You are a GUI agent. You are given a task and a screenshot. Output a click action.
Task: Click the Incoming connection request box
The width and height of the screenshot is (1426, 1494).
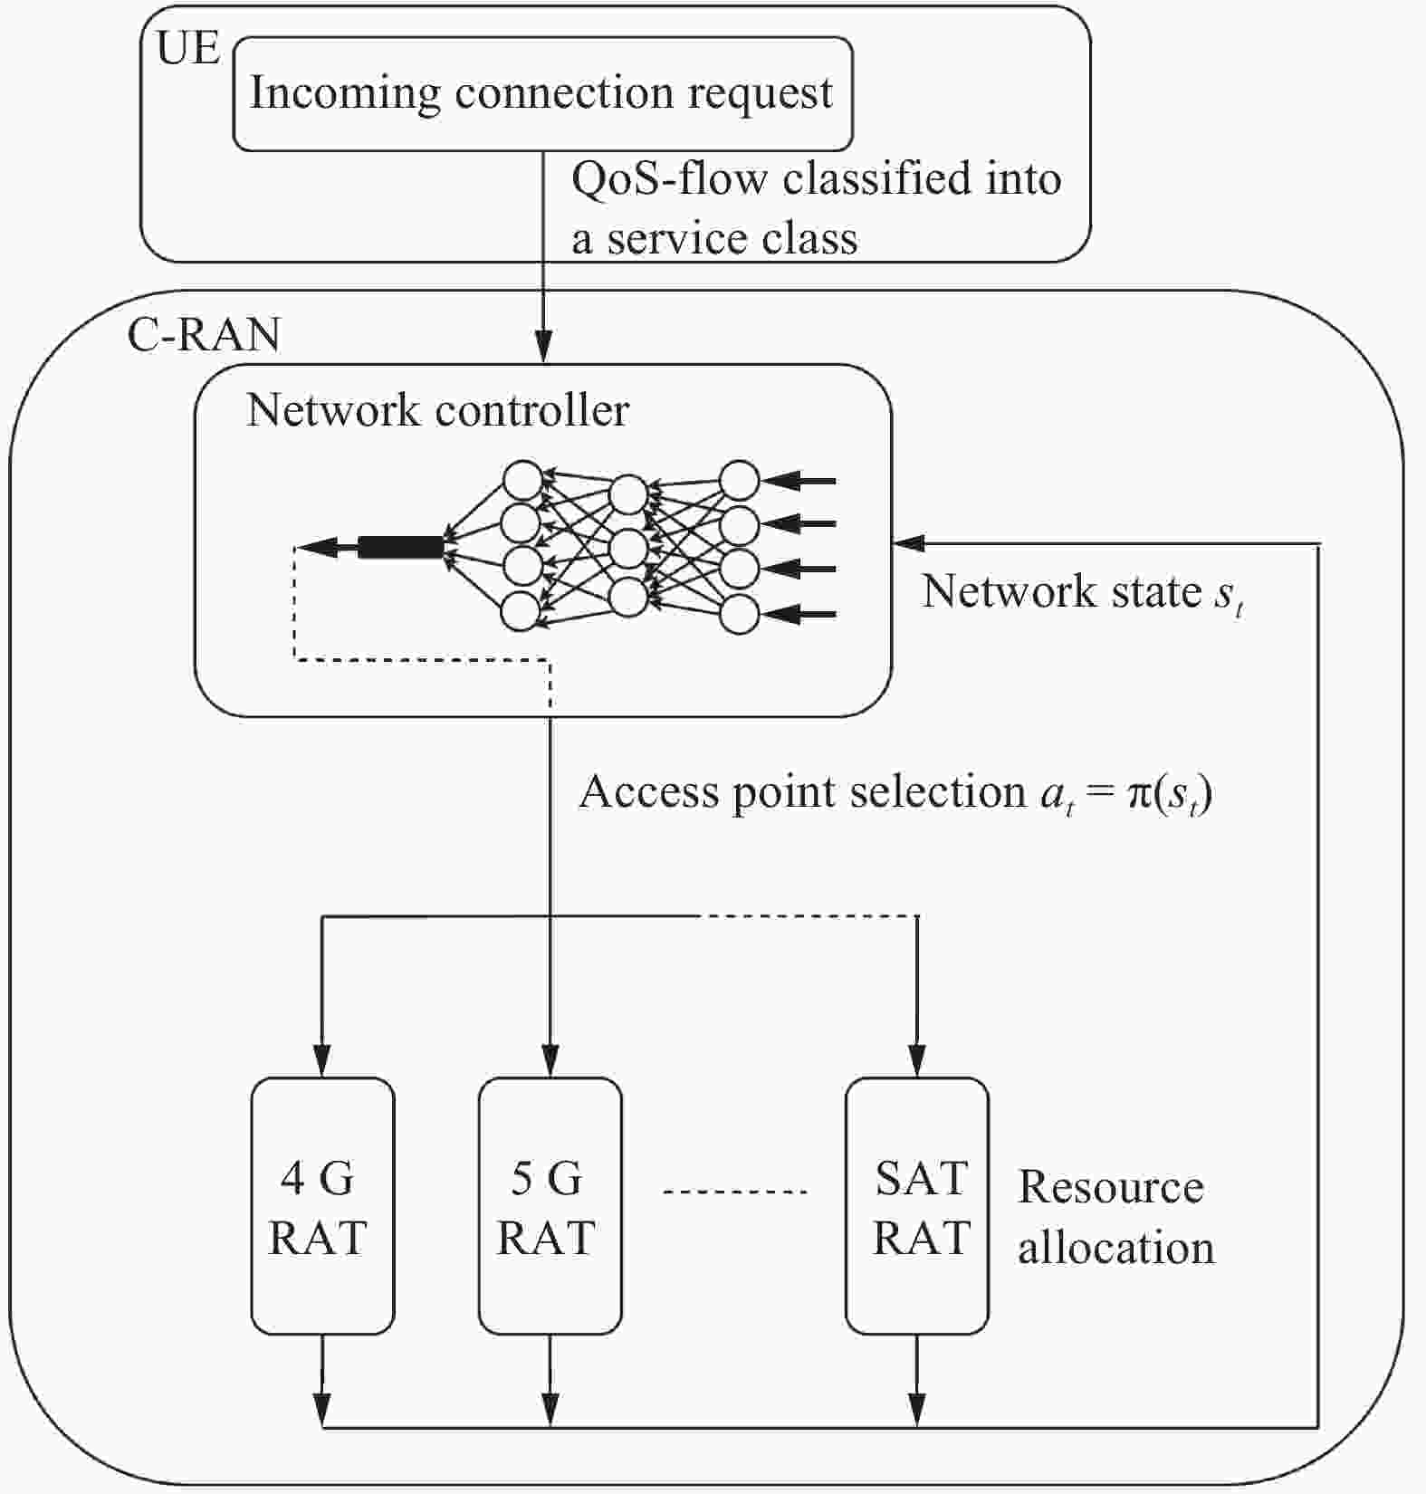coord(541,93)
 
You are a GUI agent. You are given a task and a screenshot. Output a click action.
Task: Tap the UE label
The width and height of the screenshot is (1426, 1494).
coord(187,47)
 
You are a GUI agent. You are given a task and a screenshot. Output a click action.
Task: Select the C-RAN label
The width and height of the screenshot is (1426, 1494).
coord(204,334)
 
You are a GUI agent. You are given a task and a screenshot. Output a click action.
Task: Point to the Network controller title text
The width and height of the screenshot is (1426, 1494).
coord(437,410)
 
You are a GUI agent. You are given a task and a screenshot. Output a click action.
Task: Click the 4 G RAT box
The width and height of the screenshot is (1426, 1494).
coord(322,1205)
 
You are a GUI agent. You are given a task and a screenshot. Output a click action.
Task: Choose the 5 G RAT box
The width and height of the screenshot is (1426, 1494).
coord(550,1205)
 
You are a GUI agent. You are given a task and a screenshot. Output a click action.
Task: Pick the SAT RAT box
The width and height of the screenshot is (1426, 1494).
coord(917,1205)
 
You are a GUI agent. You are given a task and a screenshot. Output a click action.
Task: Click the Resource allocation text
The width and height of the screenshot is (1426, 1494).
coord(1115,1217)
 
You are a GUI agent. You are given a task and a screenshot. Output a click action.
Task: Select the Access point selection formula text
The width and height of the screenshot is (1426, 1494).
coord(895,793)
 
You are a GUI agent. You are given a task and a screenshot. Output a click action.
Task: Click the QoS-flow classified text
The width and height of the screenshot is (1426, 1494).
coord(815,207)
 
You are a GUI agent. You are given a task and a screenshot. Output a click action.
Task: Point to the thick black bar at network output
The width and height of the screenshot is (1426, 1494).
coord(401,547)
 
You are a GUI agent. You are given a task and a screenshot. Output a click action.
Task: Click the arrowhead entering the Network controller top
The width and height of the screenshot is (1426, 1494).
coord(543,348)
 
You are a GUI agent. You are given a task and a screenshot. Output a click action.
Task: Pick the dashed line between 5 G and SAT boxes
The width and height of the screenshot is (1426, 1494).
coord(734,1192)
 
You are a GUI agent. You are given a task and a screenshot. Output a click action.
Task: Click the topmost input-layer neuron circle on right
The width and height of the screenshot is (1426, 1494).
coord(739,480)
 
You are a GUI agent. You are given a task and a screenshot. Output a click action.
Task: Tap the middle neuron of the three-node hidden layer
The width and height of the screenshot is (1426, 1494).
coord(628,548)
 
